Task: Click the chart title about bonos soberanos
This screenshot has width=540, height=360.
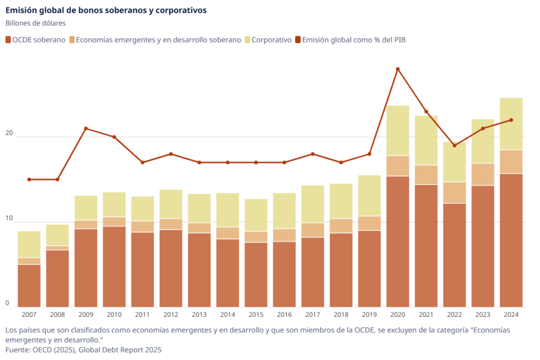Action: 106,10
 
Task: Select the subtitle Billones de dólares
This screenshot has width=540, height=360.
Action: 35,23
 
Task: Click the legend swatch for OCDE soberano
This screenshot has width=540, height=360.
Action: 8,40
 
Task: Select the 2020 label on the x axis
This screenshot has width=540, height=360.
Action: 398,314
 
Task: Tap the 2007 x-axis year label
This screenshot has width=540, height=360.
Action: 29,314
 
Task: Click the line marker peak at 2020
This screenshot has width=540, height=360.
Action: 398,69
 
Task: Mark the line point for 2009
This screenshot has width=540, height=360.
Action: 86,129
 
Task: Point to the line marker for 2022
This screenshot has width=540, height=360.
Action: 455,145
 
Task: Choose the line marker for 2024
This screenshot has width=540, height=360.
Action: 511,120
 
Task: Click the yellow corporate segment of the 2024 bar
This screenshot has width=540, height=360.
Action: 511,124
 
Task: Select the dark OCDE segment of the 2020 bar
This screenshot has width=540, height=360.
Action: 398,241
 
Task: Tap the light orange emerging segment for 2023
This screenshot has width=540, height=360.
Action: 483,174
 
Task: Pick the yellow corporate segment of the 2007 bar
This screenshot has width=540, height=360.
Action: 29,245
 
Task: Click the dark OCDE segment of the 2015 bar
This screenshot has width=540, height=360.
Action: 256,275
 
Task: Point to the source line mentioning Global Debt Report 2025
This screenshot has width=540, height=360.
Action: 83,350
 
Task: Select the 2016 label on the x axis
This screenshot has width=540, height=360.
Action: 284,314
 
